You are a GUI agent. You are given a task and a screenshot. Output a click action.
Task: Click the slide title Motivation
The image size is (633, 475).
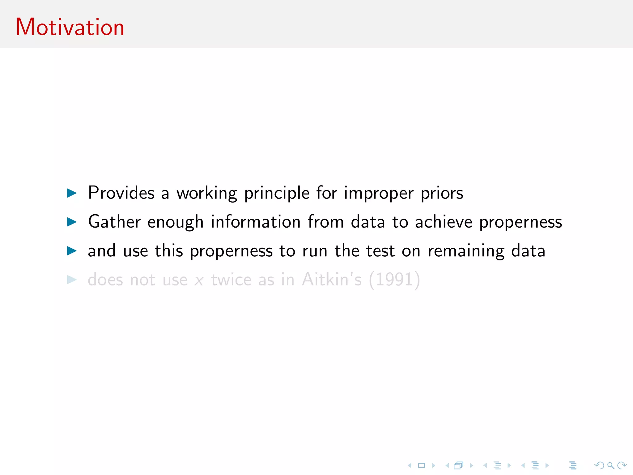click(70, 27)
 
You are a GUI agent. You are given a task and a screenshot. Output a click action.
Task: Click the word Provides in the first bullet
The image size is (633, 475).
click(121, 193)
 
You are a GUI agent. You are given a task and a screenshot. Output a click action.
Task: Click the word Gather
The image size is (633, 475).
click(114, 222)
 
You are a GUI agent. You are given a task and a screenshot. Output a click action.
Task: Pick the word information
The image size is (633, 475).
click(256, 222)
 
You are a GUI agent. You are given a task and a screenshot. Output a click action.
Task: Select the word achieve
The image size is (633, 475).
click(444, 222)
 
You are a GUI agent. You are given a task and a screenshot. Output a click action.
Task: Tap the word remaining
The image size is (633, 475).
click(466, 251)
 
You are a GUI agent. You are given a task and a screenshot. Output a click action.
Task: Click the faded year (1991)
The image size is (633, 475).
click(394, 280)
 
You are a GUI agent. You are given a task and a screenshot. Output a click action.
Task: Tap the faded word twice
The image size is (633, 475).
click(231, 280)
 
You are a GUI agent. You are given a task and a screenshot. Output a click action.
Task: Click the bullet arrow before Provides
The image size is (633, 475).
click(72, 193)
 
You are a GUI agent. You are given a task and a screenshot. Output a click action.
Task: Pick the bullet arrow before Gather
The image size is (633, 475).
click(72, 222)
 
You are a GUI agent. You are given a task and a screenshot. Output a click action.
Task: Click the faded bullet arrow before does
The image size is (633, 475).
click(72, 280)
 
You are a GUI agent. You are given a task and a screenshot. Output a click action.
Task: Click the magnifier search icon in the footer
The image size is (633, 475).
click(610, 465)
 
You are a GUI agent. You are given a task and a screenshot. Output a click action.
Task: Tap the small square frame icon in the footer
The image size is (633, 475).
click(422, 465)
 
